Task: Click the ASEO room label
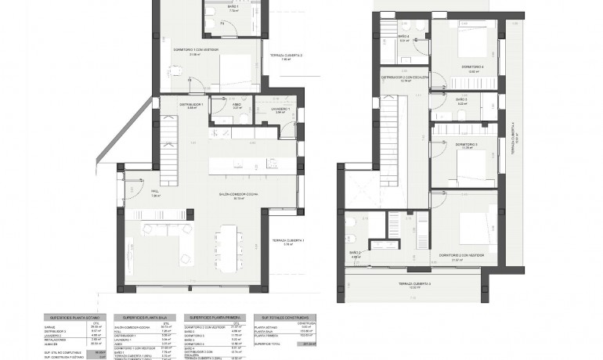coord(237,105)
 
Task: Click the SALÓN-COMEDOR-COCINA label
coord(233,195)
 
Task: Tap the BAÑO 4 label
coord(403,37)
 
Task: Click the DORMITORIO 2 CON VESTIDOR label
coord(459,255)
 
